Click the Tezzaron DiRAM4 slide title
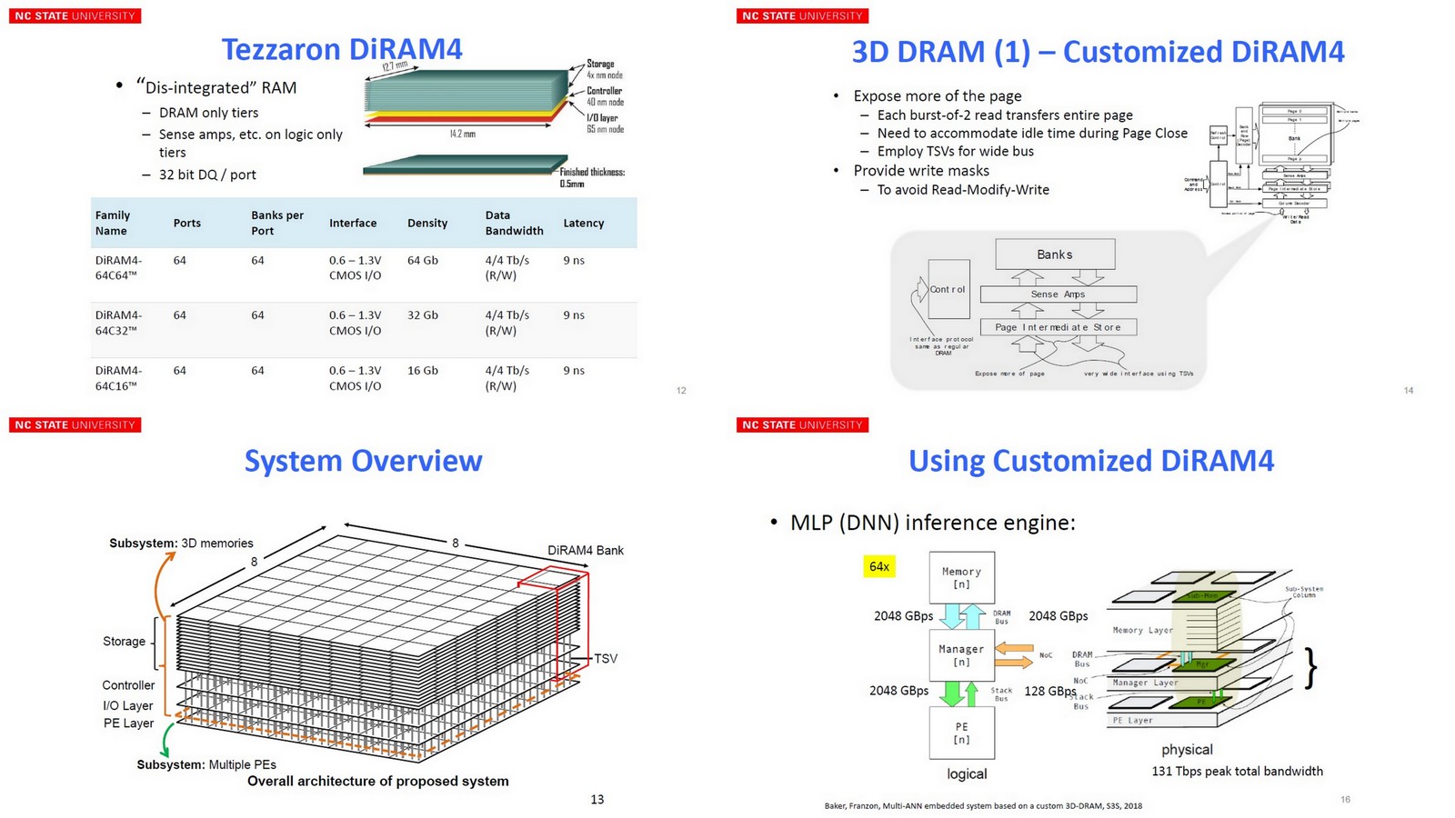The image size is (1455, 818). tap(342, 49)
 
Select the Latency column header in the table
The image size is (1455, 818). tap(583, 223)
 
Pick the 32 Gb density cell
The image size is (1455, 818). tap(422, 315)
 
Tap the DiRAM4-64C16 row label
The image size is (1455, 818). tap(118, 378)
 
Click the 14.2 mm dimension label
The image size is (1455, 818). tap(462, 134)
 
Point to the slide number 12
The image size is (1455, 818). tap(681, 391)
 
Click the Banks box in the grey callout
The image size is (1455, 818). tap(1055, 254)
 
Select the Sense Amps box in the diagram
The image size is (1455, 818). tap(1058, 294)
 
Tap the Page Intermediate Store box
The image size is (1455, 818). tap(1058, 327)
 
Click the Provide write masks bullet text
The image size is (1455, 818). tap(920, 171)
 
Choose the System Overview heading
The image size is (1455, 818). tap(363, 461)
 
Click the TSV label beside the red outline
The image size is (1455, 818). tap(606, 659)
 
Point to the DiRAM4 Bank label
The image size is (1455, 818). tap(585, 551)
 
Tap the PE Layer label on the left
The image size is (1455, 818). tap(128, 723)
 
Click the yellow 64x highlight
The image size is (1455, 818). tap(879, 567)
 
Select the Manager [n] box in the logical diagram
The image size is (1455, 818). tap(961, 655)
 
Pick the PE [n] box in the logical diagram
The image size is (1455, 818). tap(961, 733)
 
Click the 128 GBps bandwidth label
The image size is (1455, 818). tap(1049, 691)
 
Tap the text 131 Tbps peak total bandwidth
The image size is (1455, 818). tap(1237, 772)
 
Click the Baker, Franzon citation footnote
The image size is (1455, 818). tap(982, 805)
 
